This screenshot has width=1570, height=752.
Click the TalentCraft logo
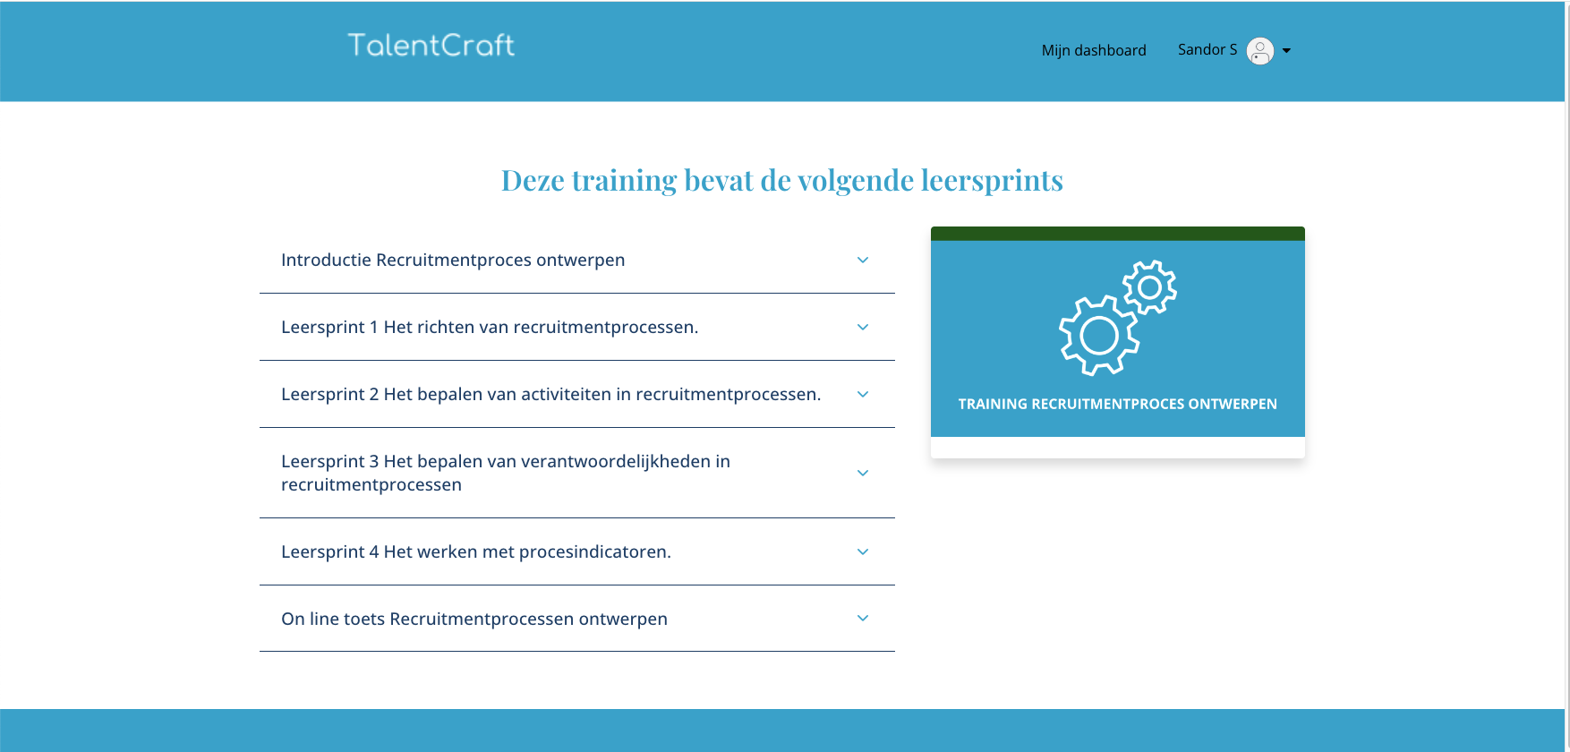click(431, 45)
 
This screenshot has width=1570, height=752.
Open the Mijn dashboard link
click(1094, 50)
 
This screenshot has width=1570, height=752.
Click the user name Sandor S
click(1207, 49)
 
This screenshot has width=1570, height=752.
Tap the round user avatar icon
click(1260, 51)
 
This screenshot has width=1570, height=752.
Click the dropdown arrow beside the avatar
click(1286, 51)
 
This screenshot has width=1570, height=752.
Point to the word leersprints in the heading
click(992, 180)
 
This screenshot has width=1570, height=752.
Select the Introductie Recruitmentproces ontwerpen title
click(453, 260)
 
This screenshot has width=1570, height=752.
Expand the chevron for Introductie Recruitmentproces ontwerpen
click(863, 260)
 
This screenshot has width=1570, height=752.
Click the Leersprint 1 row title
click(490, 327)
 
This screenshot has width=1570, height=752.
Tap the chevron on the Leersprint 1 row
click(863, 327)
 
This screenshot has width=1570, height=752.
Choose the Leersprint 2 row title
click(550, 394)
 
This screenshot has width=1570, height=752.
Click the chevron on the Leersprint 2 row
click(863, 394)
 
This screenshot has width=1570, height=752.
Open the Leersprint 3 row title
click(506, 473)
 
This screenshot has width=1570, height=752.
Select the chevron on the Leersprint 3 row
click(863, 473)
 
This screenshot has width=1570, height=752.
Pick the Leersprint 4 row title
click(476, 551)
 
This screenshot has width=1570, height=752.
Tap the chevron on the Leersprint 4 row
click(863, 551)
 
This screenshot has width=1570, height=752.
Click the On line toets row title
click(474, 619)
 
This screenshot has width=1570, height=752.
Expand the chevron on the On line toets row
click(863, 618)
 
